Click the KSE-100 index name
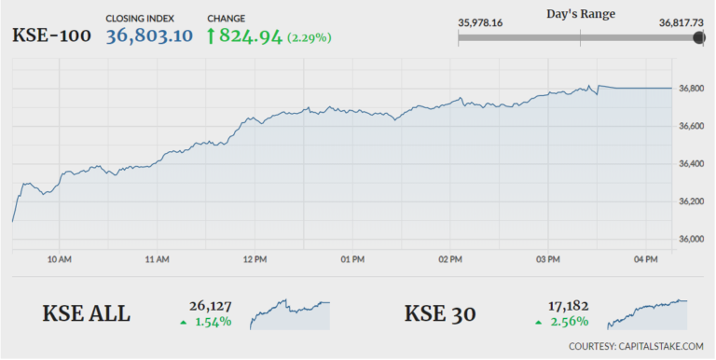pyautogui.click(x=51, y=36)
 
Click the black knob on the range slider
pyautogui.click(x=699, y=37)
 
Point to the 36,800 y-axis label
pyautogui.click(x=690, y=89)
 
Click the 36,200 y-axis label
pyautogui.click(x=690, y=201)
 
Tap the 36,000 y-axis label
pyautogui.click(x=690, y=240)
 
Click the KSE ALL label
pyautogui.click(x=87, y=313)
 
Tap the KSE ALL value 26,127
pyautogui.click(x=212, y=305)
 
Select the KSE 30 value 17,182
pyautogui.click(x=567, y=305)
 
